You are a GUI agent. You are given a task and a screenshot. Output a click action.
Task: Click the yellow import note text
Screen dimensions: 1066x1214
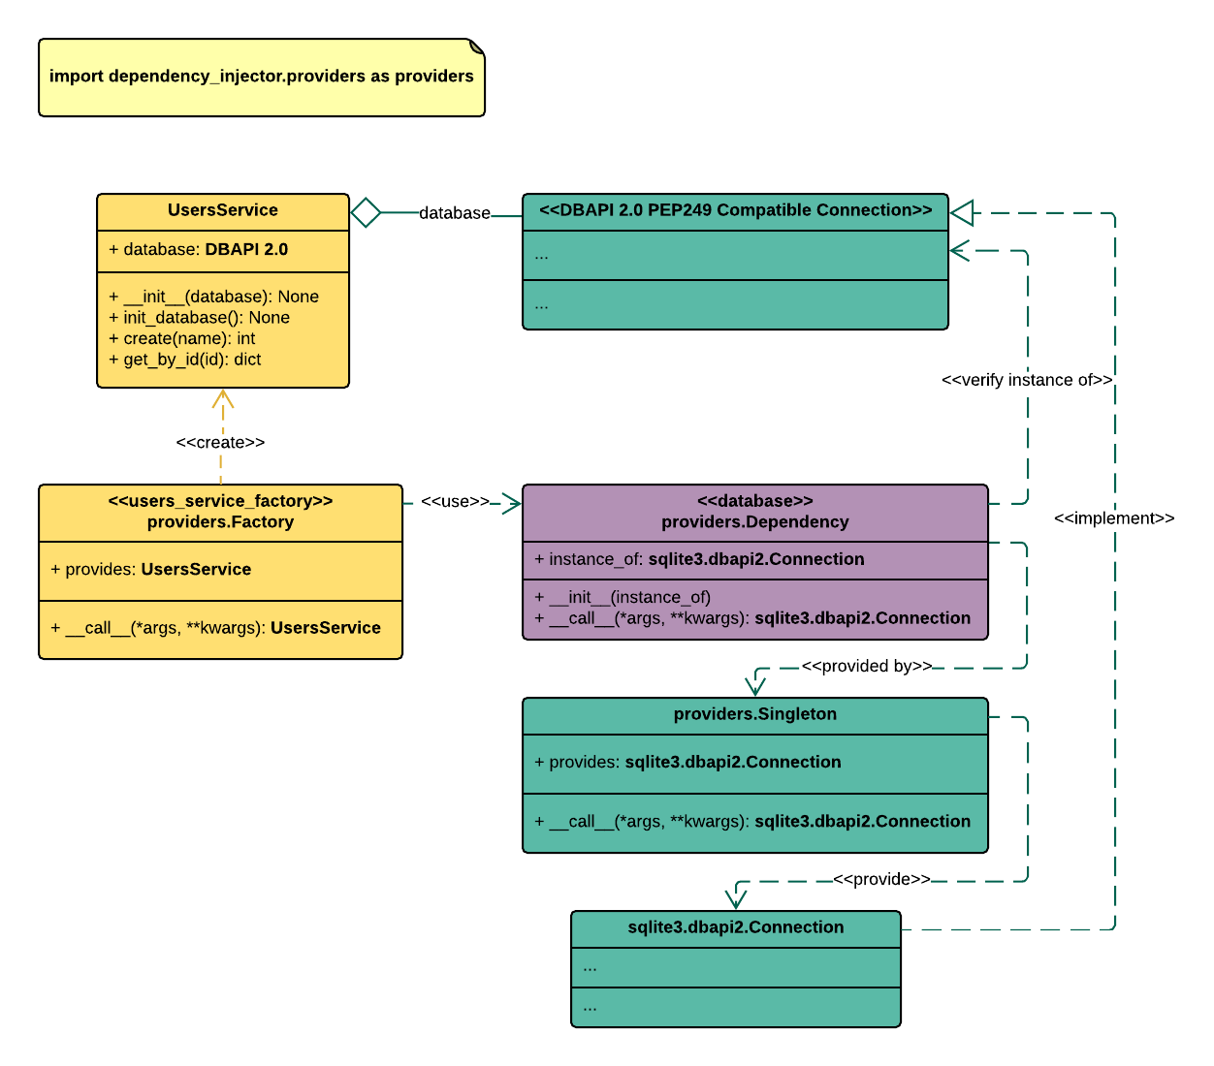(262, 77)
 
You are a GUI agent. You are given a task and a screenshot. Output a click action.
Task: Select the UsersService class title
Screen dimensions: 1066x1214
(223, 210)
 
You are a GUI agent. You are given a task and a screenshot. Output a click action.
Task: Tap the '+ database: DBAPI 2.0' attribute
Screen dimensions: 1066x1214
(198, 249)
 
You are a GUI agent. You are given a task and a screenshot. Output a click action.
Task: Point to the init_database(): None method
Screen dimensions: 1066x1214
(199, 318)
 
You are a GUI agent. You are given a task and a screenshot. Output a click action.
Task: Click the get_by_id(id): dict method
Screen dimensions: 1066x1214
(184, 360)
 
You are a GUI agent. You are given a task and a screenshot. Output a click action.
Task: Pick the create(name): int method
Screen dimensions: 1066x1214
(181, 338)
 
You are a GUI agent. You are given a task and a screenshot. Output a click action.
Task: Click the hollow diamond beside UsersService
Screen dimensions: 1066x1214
(366, 212)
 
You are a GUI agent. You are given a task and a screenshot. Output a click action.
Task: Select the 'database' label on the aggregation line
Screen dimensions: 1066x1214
(454, 213)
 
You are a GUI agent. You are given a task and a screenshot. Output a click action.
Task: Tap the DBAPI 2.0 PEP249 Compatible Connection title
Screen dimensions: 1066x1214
(735, 210)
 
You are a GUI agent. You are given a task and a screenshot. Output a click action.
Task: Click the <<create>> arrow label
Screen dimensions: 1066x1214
(220, 443)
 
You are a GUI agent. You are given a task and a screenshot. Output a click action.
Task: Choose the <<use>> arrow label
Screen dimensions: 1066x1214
(455, 502)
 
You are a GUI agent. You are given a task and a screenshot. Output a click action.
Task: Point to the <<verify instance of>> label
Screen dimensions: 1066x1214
(1027, 380)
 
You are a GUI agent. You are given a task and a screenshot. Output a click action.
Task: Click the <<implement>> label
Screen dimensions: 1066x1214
(1114, 518)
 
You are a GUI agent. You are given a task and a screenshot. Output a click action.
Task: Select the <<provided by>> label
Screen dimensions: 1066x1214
(867, 667)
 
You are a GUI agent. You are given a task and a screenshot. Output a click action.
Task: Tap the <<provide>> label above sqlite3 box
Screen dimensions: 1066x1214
(881, 880)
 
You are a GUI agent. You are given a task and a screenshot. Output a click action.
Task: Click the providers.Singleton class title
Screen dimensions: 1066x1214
(754, 714)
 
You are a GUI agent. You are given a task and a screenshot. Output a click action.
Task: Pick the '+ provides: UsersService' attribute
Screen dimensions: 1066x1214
(150, 570)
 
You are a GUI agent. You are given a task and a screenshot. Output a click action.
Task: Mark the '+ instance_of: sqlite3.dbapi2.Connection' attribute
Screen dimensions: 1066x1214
(698, 559)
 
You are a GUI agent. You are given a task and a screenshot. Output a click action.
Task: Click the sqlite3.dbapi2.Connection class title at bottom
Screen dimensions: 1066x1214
(735, 927)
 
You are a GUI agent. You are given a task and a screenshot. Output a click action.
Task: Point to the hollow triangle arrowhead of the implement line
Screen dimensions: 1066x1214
(962, 212)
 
